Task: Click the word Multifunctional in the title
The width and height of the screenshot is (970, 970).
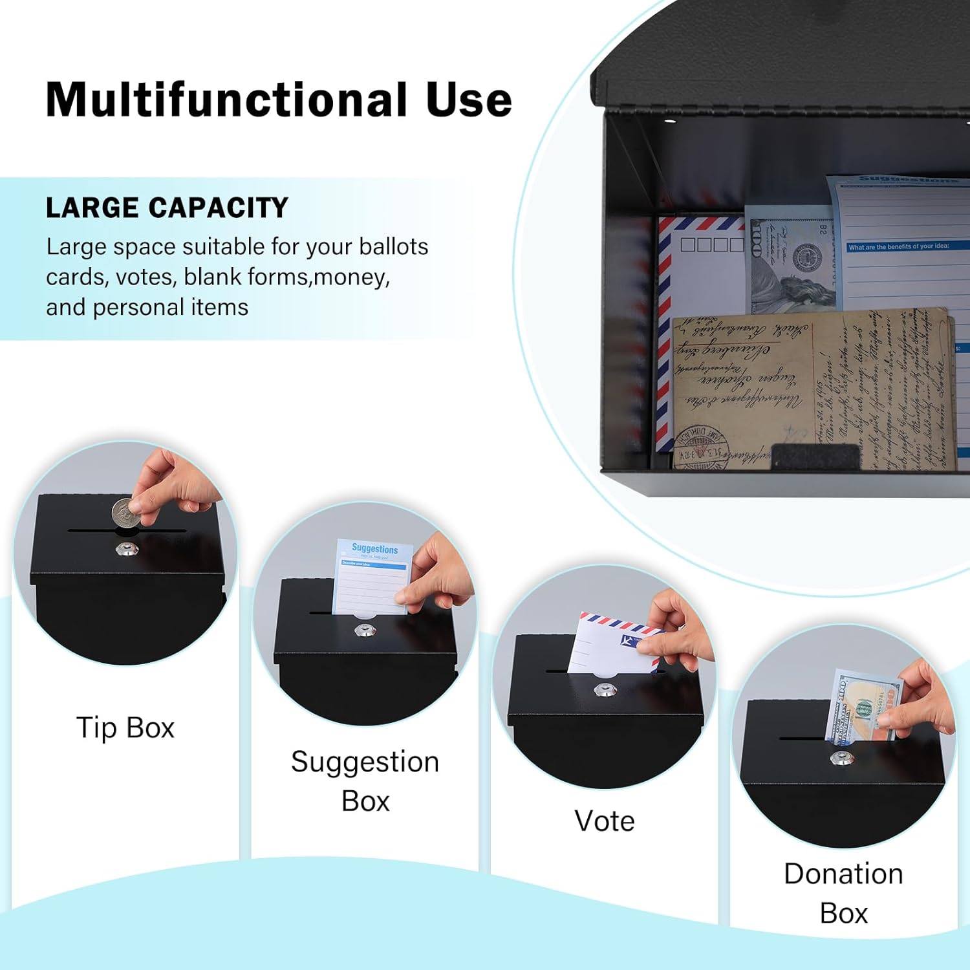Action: click(226, 100)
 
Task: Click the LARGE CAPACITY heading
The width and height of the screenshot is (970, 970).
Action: click(167, 208)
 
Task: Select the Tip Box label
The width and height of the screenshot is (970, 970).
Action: click(125, 728)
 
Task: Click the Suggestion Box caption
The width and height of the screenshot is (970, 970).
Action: click(365, 781)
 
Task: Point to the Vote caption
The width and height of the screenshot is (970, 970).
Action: click(604, 821)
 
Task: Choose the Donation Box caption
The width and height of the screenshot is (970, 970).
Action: click(843, 893)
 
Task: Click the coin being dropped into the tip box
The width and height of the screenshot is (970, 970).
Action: click(124, 515)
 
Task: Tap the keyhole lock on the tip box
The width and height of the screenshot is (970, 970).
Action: click(126, 550)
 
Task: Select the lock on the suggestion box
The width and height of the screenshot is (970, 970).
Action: click(365, 630)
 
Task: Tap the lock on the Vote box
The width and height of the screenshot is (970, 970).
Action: click(605, 690)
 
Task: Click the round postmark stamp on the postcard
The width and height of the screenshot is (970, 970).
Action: click(701, 446)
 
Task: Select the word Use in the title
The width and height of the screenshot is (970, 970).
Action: click(469, 100)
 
